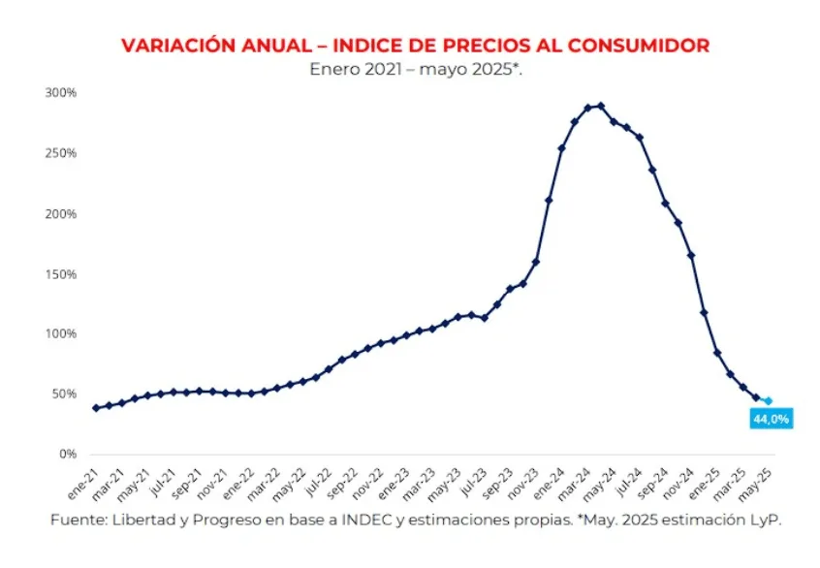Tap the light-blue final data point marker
point(769,400)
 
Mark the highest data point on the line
point(601,106)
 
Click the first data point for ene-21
point(96,407)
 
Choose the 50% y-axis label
point(63,394)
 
